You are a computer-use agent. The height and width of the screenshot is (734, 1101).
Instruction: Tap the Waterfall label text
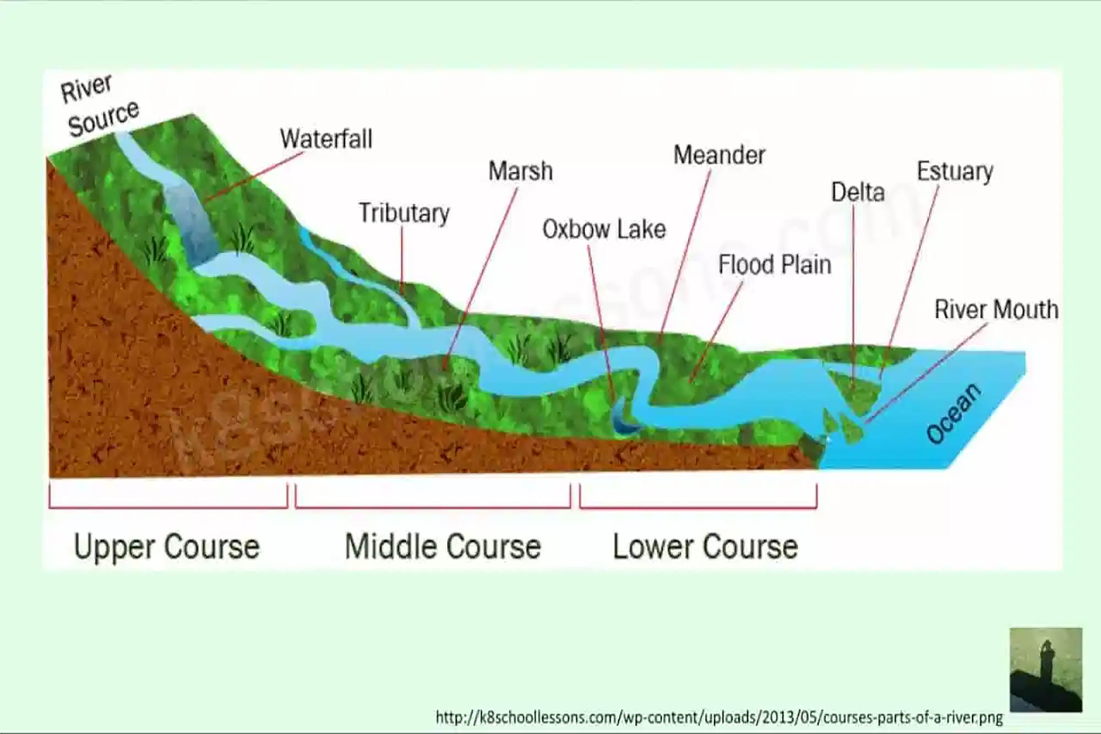point(326,139)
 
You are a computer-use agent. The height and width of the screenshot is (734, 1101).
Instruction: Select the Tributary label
point(404,213)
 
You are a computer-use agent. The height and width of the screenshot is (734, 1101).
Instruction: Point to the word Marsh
point(520,171)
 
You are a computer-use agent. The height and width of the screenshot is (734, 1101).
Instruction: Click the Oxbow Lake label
point(604,229)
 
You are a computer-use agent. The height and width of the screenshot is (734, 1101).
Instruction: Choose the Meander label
point(719,155)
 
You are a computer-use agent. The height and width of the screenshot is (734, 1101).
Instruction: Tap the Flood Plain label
point(774,265)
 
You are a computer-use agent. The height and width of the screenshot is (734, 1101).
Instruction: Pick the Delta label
point(858,193)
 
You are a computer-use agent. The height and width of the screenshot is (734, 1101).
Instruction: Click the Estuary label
point(955,171)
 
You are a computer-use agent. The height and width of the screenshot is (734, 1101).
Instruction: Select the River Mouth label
point(996,309)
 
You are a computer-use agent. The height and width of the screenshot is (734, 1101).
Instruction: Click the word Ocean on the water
point(953,413)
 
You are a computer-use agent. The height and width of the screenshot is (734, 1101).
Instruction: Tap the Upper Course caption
point(167,547)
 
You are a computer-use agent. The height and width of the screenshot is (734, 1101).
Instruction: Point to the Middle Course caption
point(443,547)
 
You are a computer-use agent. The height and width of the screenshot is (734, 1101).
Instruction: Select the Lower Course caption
point(705,547)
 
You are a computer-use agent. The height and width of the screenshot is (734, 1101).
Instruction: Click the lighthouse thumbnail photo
point(1045,669)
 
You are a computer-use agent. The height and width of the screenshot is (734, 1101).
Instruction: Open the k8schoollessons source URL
point(719,717)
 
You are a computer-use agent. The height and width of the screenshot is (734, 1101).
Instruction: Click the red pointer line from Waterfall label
point(253,176)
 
